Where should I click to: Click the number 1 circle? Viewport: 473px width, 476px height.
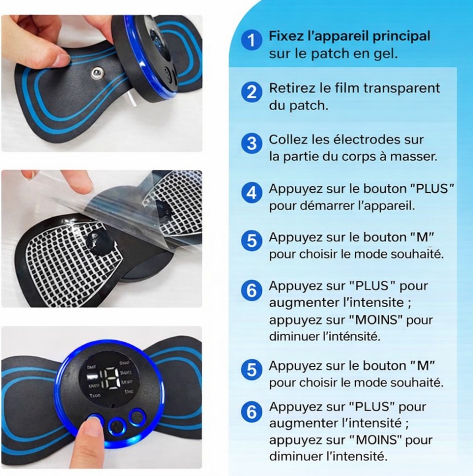[x=252, y=40]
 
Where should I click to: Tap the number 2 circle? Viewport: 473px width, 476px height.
[x=252, y=92]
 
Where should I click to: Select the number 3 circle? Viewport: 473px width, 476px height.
[x=252, y=144]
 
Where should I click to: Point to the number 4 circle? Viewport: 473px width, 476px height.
[x=252, y=192]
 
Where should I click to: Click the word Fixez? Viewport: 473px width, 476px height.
[x=286, y=36]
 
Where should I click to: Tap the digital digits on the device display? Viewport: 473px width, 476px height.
[x=108, y=378]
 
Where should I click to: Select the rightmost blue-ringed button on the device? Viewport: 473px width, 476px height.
[x=137, y=417]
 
